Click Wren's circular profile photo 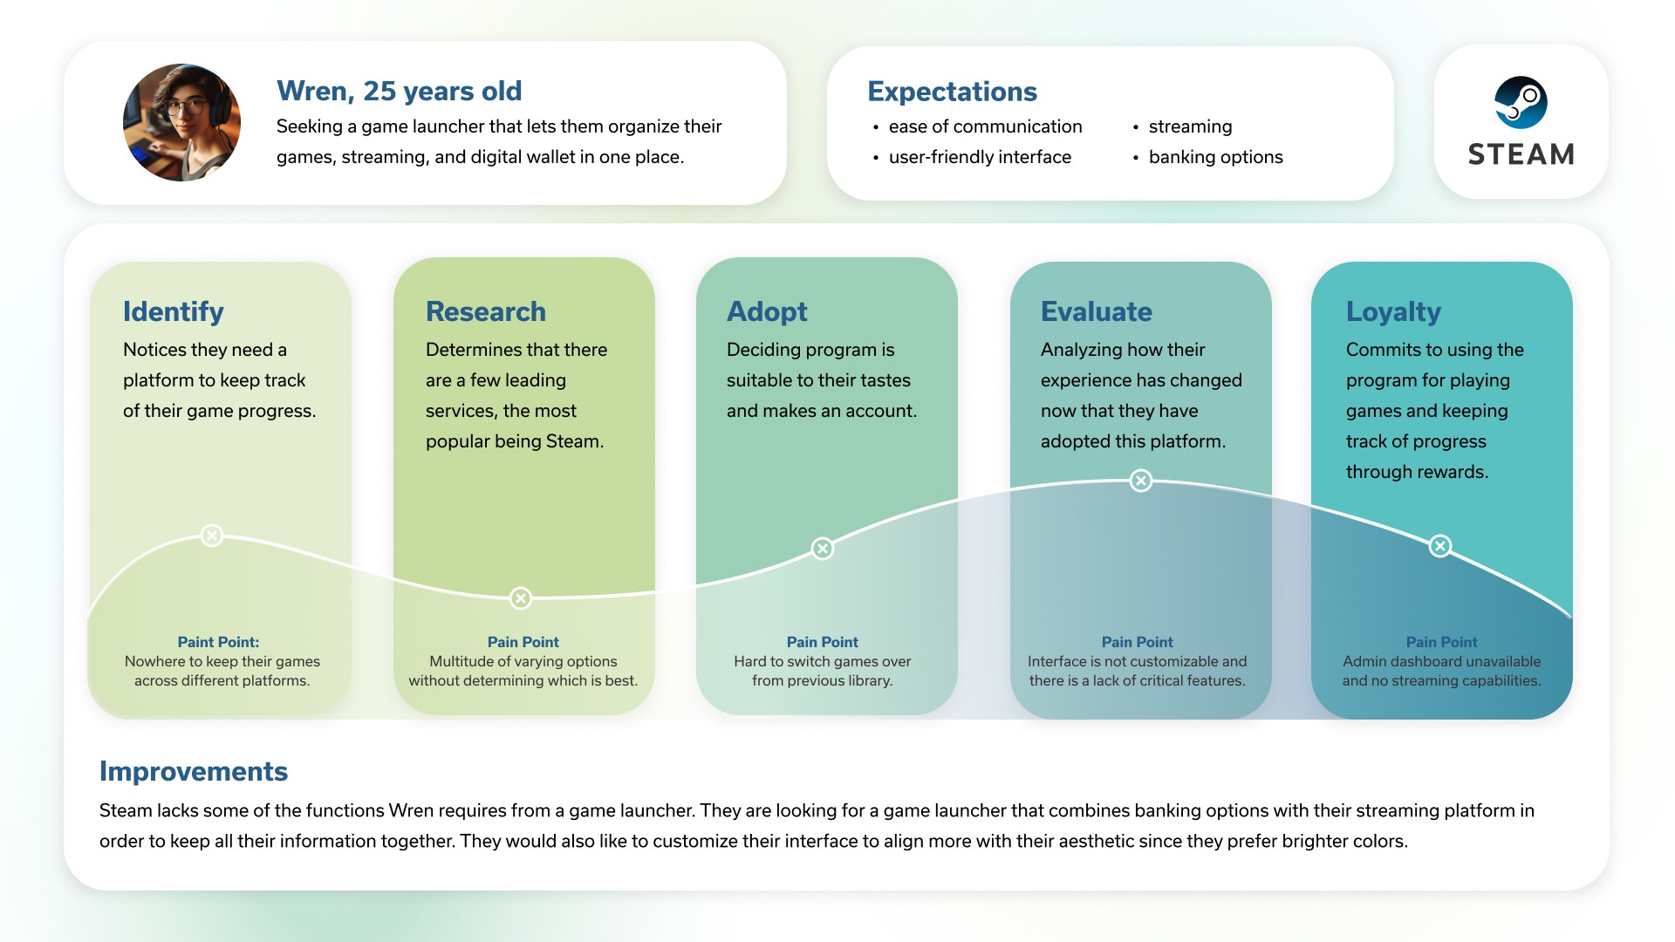181,122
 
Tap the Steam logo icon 1521,102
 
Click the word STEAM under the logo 1521,154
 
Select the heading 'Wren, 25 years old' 399,91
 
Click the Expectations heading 952,92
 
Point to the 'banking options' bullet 1215,157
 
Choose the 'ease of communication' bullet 985,126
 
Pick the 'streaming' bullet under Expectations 1190,126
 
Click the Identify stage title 174,311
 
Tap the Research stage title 486,311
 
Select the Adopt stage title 767,311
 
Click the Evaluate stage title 1097,311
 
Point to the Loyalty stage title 1393,311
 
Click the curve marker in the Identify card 212,536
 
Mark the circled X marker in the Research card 521,598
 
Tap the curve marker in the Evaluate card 1141,481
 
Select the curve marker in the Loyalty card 1440,546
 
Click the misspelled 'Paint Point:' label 218,642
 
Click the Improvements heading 194,772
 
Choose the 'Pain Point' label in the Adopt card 823,642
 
